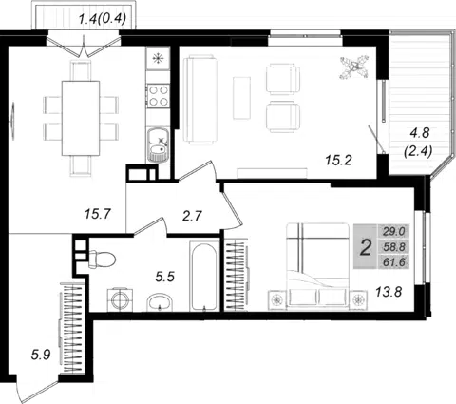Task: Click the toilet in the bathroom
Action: pos(102,260)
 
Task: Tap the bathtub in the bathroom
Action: pos(204,276)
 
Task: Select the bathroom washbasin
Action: pos(160,302)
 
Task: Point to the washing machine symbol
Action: pos(120,299)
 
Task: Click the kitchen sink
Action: pos(159,145)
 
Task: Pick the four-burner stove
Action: pos(159,95)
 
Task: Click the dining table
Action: pos(81,118)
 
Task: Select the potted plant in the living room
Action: pos(354,67)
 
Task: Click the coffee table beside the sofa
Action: pos(241,98)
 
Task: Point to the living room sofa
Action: pos(200,100)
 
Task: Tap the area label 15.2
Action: pos(338,161)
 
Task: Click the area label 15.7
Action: pos(98,214)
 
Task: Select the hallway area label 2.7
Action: pos(192,216)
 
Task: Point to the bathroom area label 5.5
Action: pos(165,277)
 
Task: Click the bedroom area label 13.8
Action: pos(389,291)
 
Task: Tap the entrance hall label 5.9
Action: pos(41,355)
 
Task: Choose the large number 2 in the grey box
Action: pos(366,248)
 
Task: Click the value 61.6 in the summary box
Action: pos(394,262)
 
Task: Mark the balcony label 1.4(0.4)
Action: pos(103,19)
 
